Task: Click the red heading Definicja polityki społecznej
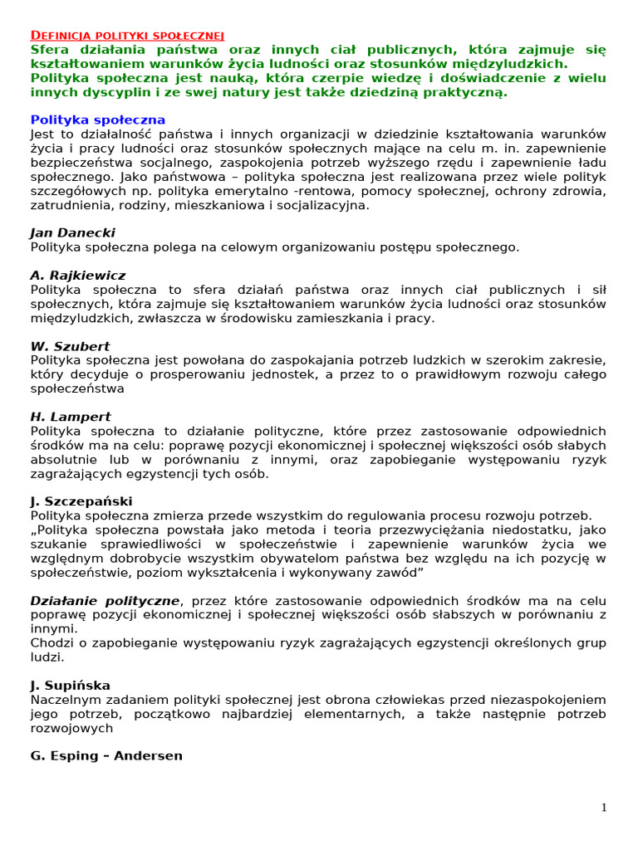127,35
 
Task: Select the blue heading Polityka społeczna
97,120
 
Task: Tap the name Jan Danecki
72,232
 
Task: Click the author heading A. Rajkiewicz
77,276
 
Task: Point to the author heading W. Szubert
70,346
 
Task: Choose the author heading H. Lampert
71,417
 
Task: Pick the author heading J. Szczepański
81,501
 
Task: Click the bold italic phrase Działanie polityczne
105,601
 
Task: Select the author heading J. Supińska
70,686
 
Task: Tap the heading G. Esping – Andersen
106,756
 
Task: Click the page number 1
604,808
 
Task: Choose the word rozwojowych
71,728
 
